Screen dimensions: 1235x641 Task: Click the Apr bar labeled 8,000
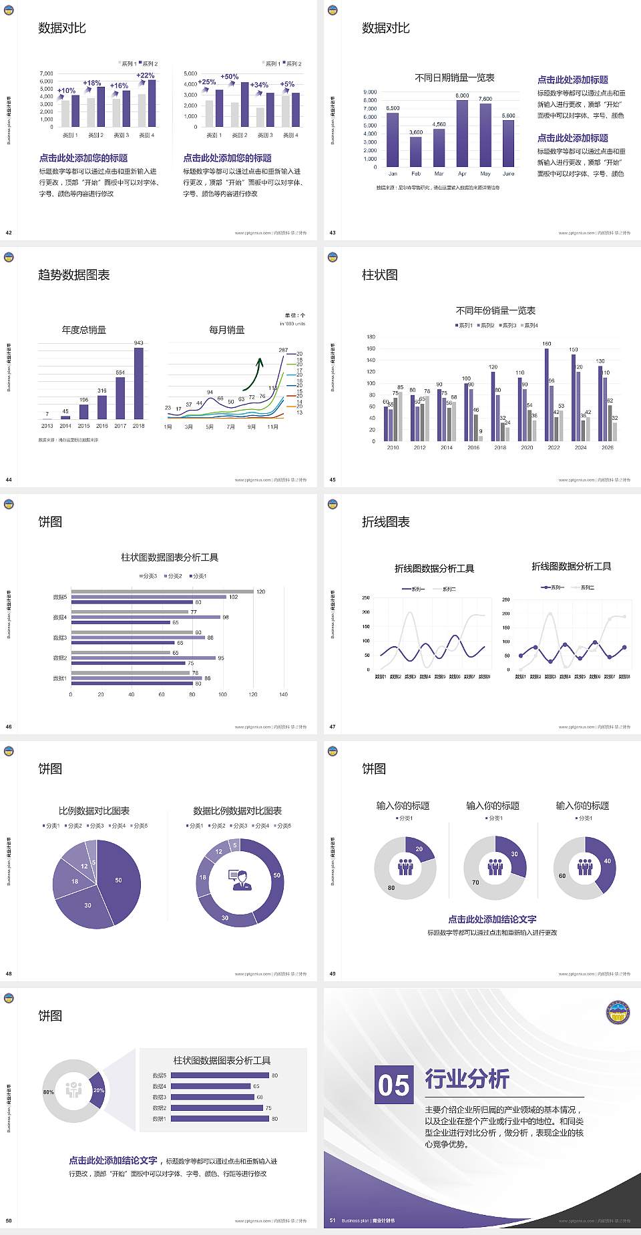pyautogui.click(x=462, y=134)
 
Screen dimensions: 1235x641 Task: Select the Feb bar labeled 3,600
pyautogui.click(x=415, y=152)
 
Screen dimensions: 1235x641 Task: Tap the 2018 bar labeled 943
pyautogui.click(x=138, y=383)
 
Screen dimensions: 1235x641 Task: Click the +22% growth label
pyautogui.click(x=146, y=75)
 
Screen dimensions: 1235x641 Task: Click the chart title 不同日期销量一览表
pyautogui.click(x=454, y=77)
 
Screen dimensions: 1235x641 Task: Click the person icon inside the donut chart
pyautogui.click(x=240, y=880)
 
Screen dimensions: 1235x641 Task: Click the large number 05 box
pyautogui.click(x=394, y=1084)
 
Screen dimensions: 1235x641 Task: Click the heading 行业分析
pyautogui.click(x=467, y=1079)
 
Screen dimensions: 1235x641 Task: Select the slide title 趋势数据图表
pyautogui.click(x=73, y=275)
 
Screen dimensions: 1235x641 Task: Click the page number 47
pyautogui.click(x=333, y=727)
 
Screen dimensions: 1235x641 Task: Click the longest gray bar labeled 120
pyautogui.click(x=162, y=591)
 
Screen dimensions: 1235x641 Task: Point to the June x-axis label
pyautogui.click(x=508, y=174)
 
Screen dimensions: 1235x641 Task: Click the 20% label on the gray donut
pyautogui.click(x=99, y=1090)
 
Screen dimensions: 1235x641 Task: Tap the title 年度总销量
pyautogui.click(x=83, y=330)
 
